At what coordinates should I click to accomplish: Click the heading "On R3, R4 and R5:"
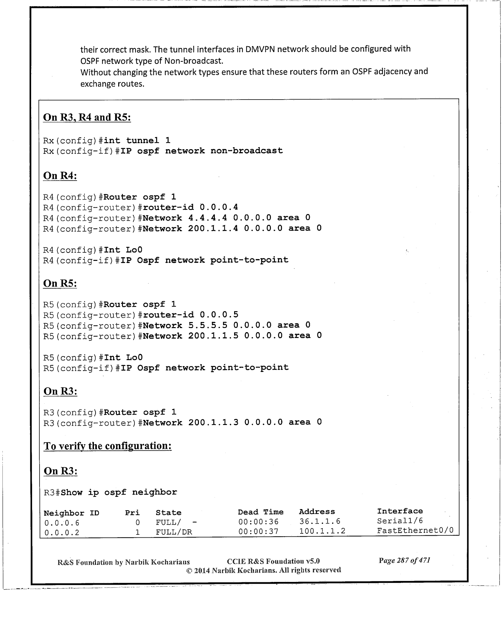pyautogui.click(x=87, y=117)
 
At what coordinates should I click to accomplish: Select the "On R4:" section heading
pyautogui.click(x=60, y=176)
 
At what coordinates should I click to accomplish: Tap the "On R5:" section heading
pyautogui.click(x=60, y=284)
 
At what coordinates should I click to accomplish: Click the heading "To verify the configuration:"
pyautogui.click(x=107, y=446)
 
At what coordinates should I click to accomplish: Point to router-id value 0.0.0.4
pyautogui.click(x=219, y=207)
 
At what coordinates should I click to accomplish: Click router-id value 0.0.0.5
pyautogui.click(x=219, y=315)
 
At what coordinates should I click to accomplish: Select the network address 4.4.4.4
pyautogui.click(x=207, y=218)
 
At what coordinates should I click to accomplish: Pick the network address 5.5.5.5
pyautogui.click(x=207, y=325)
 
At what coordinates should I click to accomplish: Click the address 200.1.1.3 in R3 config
pyautogui.click(x=213, y=423)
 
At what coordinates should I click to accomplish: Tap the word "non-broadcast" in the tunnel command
pyautogui.click(x=247, y=151)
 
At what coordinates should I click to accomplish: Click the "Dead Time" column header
pyautogui.click(x=260, y=512)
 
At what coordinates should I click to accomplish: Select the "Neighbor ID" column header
pyautogui.click(x=71, y=513)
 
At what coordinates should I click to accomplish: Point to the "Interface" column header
pyautogui.click(x=400, y=511)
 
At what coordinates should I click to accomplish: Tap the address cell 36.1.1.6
pyautogui.click(x=320, y=522)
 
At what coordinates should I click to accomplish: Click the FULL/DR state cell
pyautogui.click(x=174, y=532)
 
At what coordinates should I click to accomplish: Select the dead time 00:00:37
pyautogui.click(x=258, y=532)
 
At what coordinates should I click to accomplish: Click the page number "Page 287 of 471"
pyautogui.click(x=404, y=561)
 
